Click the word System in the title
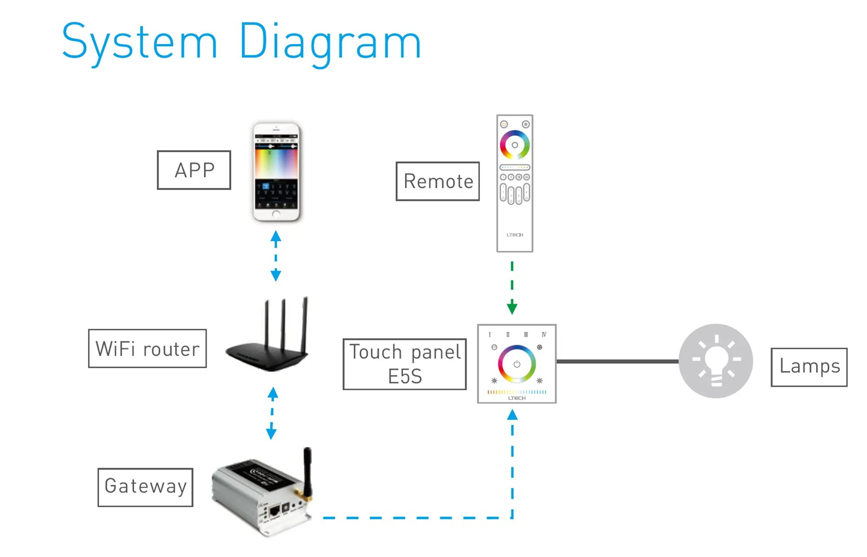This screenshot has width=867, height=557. pyautogui.click(x=139, y=42)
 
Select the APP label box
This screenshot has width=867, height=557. pyautogui.click(x=194, y=170)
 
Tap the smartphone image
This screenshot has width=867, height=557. pyautogui.click(x=277, y=172)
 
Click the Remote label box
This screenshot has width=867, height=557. pyautogui.click(x=437, y=181)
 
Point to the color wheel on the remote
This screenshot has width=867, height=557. pyautogui.click(x=515, y=145)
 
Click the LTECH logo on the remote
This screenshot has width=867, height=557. pyautogui.click(x=515, y=235)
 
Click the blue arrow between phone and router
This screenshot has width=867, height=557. pyautogui.click(x=276, y=256)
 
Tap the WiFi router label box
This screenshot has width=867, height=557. pyautogui.click(x=147, y=349)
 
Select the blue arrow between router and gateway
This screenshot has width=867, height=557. pyautogui.click(x=272, y=413)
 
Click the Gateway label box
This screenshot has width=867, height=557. pyautogui.click(x=145, y=487)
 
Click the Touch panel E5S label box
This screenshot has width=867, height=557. pyautogui.click(x=404, y=364)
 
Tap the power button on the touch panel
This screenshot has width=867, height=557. pyautogui.click(x=517, y=364)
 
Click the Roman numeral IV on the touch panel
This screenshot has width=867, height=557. pyautogui.click(x=544, y=334)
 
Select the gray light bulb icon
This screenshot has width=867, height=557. pyautogui.click(x=716, y=361)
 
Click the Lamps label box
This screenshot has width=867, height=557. pyautogui.click(x=809, y=367)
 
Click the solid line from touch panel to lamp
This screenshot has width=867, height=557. pyautogui.click(x=617, y=361)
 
